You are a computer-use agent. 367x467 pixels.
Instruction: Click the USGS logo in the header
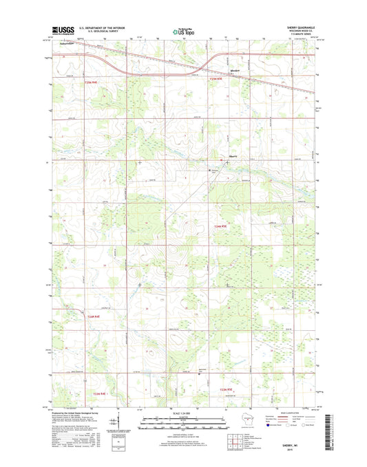point(63,30)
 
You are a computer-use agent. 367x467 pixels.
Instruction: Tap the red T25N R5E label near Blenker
point(217,80)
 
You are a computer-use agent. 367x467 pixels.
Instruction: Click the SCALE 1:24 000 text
point(183,412)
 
